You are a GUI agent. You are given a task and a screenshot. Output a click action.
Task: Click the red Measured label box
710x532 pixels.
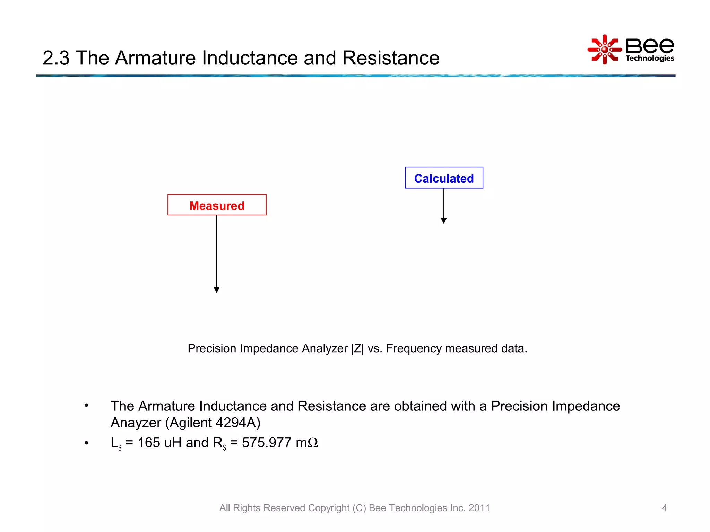[x=217, y=205]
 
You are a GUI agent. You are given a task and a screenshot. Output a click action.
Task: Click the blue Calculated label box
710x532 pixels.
[x=444, y=178]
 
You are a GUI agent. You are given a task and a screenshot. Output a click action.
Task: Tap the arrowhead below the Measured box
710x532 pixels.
[x=217, y=290]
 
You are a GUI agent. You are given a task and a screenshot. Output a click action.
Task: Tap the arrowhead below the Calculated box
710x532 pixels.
[x=444, y=221]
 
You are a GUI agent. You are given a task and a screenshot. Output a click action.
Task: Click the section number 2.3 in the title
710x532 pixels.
[x=56, y=58]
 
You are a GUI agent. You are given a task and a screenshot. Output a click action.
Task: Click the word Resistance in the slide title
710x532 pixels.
[x=391, y=58]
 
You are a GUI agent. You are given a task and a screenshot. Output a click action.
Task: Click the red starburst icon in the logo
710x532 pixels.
[x=605, y=50]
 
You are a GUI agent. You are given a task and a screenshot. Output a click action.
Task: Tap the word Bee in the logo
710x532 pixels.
[x=650, y=45]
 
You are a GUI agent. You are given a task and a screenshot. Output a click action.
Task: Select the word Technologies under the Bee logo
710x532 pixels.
[x=650, y=58]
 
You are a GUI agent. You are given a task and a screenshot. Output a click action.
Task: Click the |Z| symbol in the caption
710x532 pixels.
[x=357, y=348]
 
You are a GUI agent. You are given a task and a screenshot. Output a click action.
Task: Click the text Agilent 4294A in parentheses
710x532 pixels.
[x=213, y=423]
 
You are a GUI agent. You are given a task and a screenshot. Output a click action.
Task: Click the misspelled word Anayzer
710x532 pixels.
[x=136, y=423]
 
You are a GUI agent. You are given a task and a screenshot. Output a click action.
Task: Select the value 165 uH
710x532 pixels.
[x=159, y=443]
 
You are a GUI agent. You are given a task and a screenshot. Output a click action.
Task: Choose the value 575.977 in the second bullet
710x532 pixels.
[x=266, y=443]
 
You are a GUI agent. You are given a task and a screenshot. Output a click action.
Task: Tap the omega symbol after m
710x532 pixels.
[x=313, y=443]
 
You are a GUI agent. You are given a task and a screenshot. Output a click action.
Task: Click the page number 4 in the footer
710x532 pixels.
[x=664, y=508]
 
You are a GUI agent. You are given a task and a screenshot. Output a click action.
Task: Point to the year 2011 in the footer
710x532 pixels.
[x=479, y=508]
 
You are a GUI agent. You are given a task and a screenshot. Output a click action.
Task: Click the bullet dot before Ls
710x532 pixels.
[x=87, y=443]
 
